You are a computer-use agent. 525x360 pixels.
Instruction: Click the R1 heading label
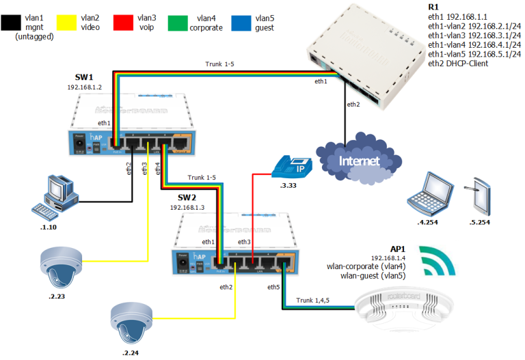(x=431, y=7)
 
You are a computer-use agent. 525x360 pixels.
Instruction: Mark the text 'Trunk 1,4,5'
(x=317, y=300)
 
